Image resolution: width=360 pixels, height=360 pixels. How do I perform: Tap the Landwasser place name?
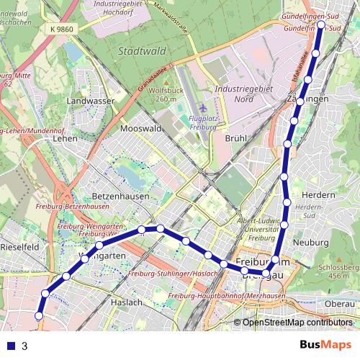tap(91, 102)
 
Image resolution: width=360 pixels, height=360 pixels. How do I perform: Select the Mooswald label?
tap(140, 128)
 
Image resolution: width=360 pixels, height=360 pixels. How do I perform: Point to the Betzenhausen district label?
tap(121, 196)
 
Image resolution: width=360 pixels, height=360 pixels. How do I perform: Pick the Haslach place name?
tap(126, 303)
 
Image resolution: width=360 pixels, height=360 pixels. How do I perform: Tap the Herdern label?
tap(320, 195)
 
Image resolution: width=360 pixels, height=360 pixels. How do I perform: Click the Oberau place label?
tap(339, 305)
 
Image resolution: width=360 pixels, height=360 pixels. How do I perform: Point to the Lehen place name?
tap(66, 138)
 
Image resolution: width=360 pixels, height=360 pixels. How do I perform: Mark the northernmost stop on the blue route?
tap(320, 24)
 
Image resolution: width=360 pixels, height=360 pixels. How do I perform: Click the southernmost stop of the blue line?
tap(40, 315)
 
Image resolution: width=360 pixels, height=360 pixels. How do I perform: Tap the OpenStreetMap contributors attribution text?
tap(297, 322)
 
